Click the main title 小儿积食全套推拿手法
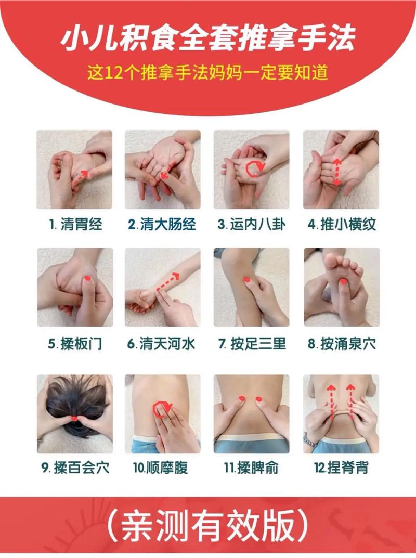[208, 40]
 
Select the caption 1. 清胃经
[76, 225]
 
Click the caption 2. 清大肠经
[162, 225]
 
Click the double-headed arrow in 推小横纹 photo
[336, 172]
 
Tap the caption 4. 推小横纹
[342, 225]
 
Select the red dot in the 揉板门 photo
[87, 280]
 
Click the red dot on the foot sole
[343, 282]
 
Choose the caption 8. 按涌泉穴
[342, 344]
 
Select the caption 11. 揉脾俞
[252, 468]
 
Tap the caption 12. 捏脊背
[341, 468]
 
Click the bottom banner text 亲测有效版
[208, 528]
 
